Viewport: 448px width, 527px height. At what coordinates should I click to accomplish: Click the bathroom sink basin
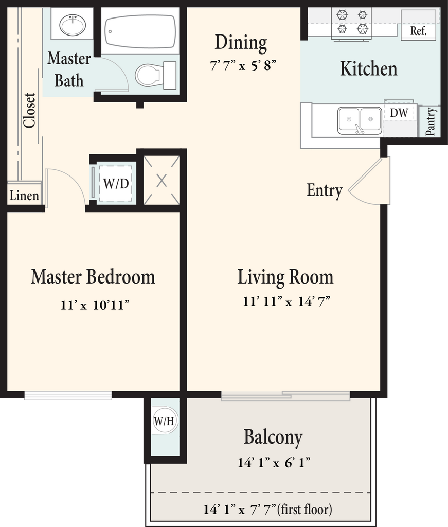72,25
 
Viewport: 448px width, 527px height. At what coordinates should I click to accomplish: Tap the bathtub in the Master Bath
140,31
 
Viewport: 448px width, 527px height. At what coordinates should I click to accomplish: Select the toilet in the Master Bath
156,75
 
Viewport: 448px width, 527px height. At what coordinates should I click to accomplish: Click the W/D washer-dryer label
116,184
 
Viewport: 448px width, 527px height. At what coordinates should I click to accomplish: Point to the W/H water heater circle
164,421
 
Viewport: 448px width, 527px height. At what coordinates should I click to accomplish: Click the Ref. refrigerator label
419,31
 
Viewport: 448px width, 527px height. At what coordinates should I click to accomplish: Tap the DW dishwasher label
399,113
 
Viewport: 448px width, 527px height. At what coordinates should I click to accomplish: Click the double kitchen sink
360,120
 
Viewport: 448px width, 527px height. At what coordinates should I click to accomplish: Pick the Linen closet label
24,195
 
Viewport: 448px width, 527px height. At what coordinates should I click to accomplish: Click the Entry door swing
369,181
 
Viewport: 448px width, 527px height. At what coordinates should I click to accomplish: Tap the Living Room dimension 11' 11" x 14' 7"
286,301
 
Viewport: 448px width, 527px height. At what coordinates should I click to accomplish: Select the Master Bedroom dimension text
95,305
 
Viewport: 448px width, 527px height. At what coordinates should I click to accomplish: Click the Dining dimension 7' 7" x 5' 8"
243,65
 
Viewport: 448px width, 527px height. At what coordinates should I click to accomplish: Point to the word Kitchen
369,68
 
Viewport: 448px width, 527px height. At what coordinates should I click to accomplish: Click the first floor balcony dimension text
267,510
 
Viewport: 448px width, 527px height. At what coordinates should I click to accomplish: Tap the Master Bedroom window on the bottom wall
68,395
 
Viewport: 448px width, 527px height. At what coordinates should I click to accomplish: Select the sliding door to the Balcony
285,396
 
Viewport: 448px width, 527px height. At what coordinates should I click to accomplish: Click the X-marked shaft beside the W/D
162,181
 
